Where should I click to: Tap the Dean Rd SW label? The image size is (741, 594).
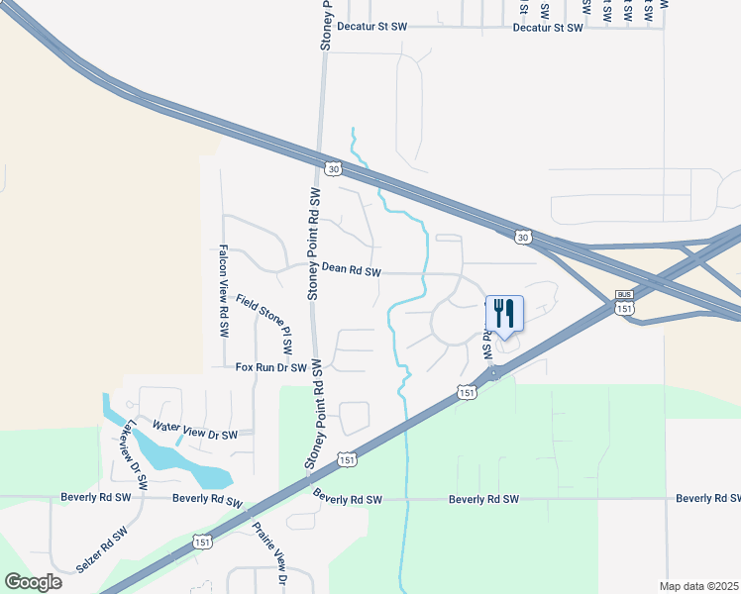pyautogui.click(x=352, y=269)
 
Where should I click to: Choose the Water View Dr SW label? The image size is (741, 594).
pyautogui.click(x=195, y=431)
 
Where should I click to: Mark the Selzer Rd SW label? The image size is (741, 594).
pyautogui.click(x=102, y=551)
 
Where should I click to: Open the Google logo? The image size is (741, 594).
pyautogui.click(x=34, y=581)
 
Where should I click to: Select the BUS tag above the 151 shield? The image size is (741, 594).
pyautogui.click(x=623, y=294)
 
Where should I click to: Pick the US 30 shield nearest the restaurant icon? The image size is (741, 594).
pyautogui.click(x=522, y=236)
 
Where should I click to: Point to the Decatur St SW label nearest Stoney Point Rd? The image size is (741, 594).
pyautogui.click(x=371, y=28)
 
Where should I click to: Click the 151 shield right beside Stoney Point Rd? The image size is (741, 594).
pyautogui.click(x=346, y=459)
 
